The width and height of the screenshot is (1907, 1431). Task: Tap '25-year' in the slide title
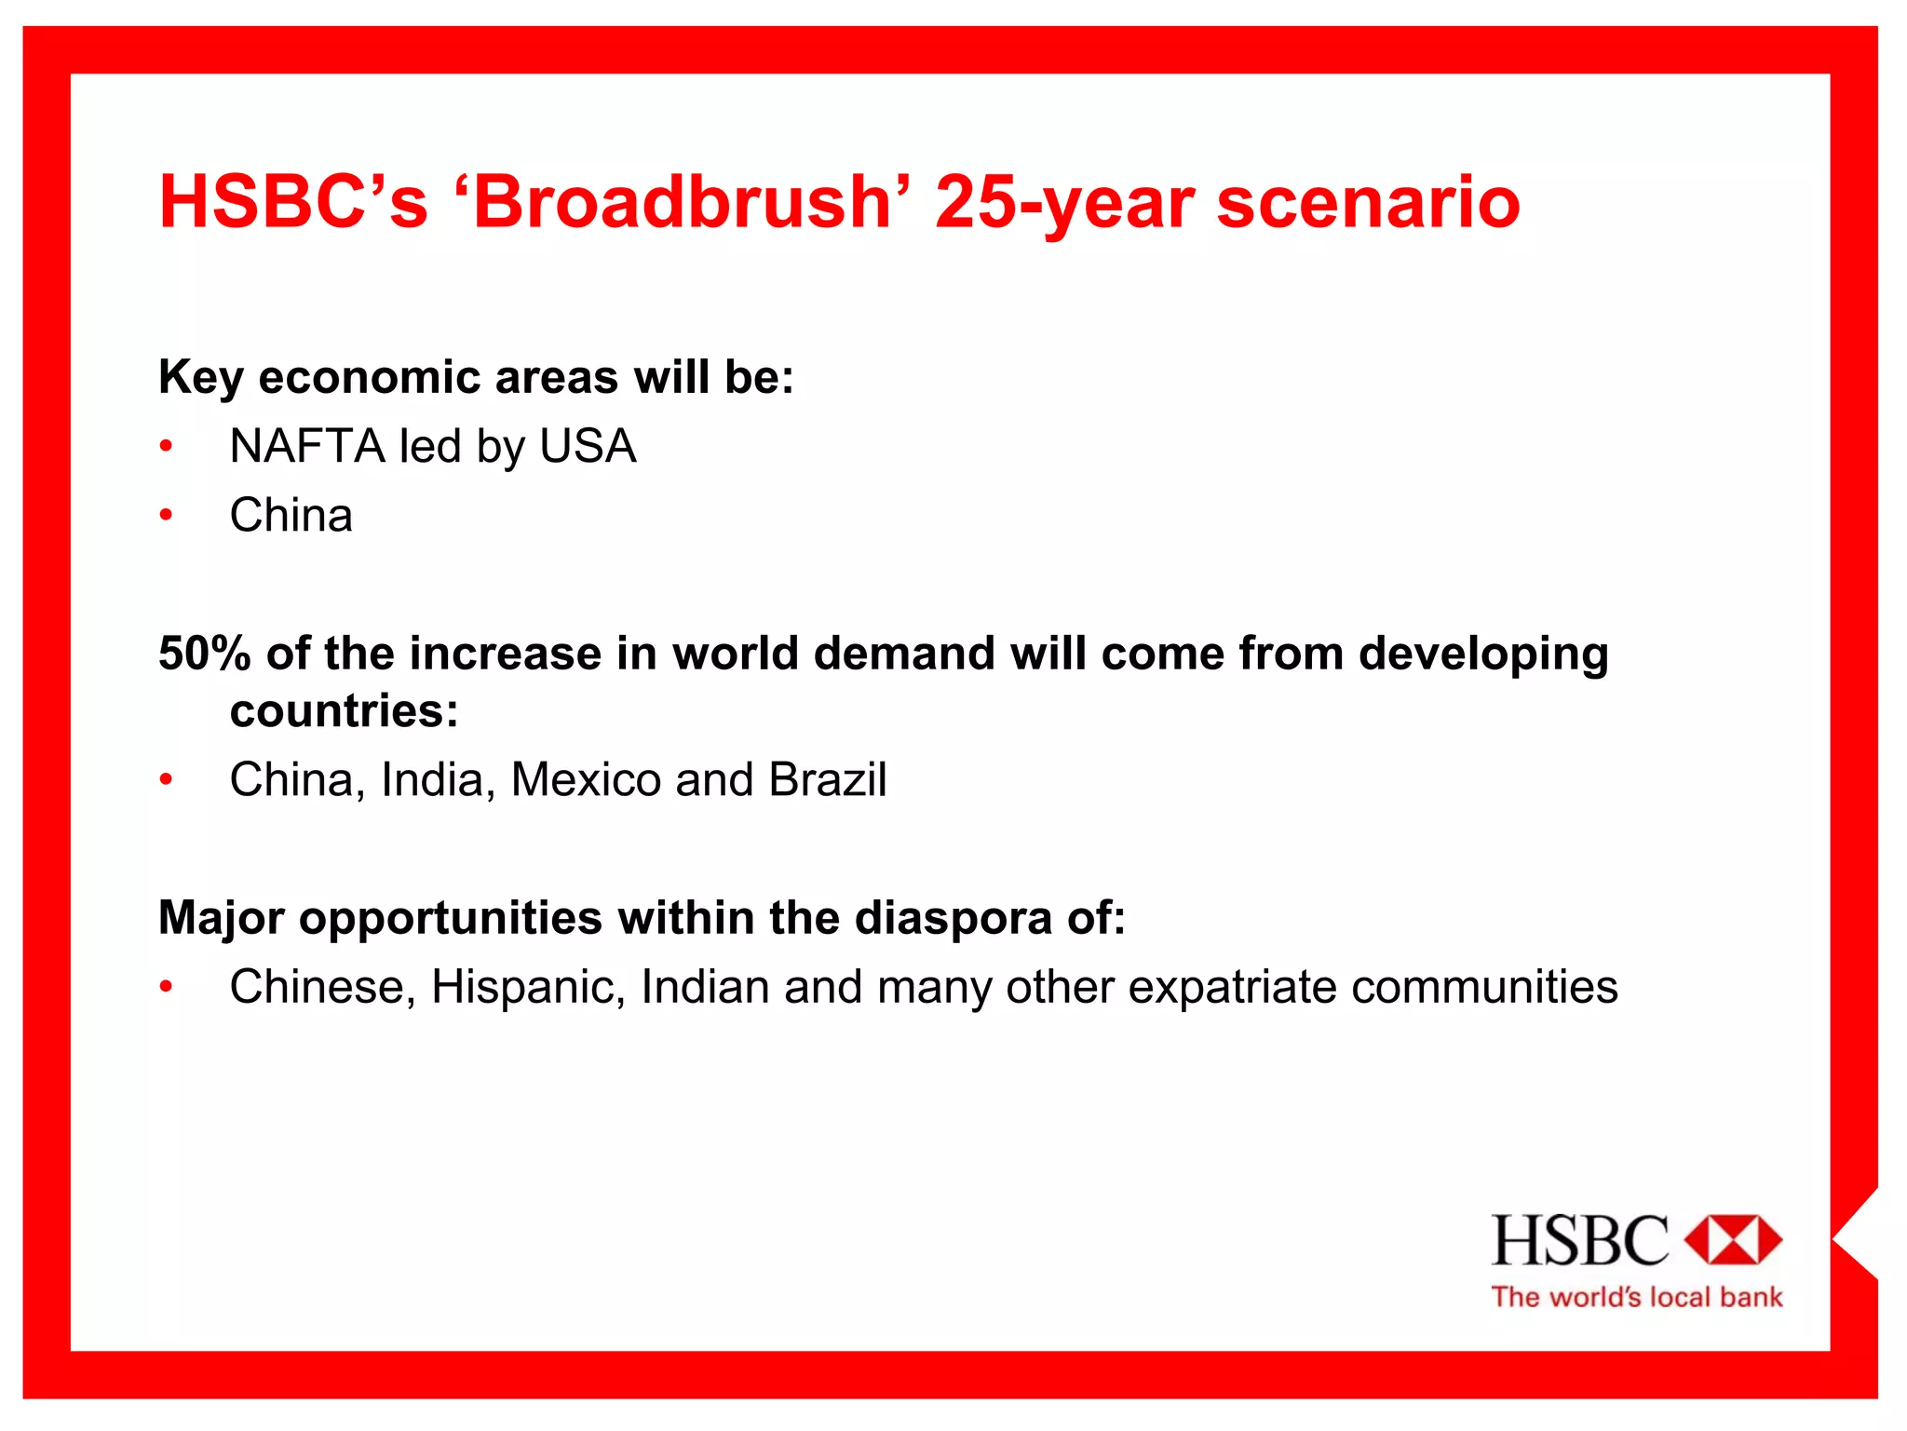[1064, 203]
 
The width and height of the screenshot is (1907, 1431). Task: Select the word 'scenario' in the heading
[1368, 203]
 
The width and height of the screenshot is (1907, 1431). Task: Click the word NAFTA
[306, 446]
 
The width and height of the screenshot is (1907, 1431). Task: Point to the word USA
[588, 446]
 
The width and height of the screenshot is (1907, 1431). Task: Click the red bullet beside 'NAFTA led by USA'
[166, 446]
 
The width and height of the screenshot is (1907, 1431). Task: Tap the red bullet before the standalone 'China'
[166, 515]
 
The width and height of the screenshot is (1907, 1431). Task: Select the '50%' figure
[204, 653]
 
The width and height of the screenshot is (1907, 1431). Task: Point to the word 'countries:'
[345, 711]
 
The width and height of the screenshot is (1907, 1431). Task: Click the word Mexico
[586, 779]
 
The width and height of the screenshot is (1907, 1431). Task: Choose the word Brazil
[828, 779]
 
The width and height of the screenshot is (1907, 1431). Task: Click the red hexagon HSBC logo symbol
[1733, 1239]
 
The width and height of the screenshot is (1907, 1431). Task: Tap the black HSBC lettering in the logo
[1580, 1239]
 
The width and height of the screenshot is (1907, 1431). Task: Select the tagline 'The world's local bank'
[1636, 1297]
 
